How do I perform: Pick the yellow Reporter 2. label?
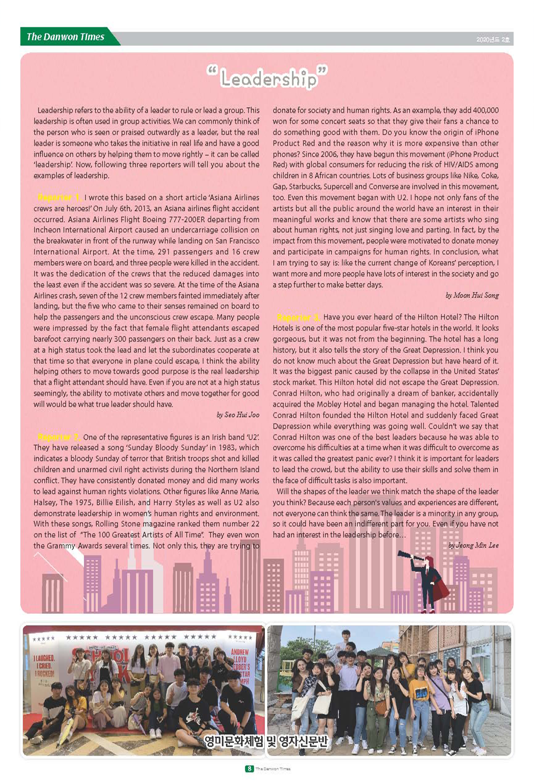click(x=59, y=437)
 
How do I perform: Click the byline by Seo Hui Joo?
click(x=238, y=415)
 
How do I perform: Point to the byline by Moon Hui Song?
click(x=472, y=295)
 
